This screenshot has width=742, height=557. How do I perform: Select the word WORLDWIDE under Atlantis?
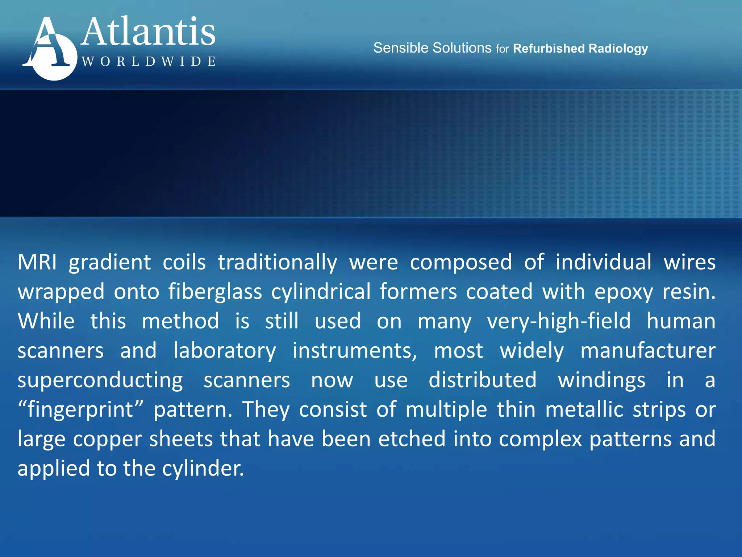149,62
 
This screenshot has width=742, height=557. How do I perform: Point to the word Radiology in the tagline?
618,49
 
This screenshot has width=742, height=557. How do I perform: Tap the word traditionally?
277,263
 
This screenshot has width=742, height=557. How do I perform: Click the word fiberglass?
215,292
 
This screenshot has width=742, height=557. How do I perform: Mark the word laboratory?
225,351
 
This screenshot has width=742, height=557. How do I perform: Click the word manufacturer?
648,351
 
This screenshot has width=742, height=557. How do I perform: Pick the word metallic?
584,409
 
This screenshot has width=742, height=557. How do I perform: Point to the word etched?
412,439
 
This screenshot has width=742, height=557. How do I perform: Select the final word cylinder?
203,469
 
